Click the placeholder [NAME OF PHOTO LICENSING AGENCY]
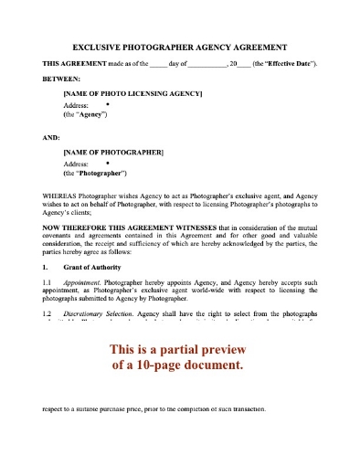pos(132,94)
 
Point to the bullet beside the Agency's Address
pos(108,105)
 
